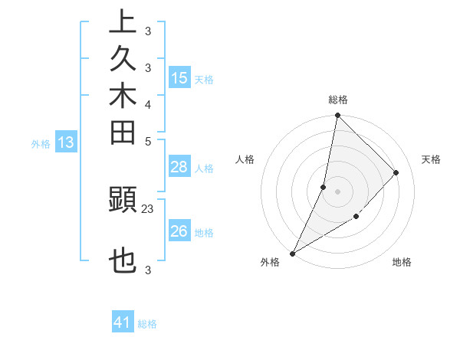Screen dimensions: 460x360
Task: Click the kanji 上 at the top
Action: click(123, 21)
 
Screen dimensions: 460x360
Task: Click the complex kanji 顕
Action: click(123, 200)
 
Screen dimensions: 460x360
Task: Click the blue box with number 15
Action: click(179, 78)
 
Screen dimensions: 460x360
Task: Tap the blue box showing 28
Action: click(179, 168)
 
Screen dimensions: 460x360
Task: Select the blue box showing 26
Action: click(179, 232)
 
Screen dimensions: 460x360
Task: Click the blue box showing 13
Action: click(67, 142)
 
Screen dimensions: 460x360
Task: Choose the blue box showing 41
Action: click(123, 323)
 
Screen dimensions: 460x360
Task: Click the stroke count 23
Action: click(148, 208)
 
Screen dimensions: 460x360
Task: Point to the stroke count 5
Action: click(148, 141)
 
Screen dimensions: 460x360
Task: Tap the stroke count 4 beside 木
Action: click(148, 104)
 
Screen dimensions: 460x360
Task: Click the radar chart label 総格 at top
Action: click(338, 100)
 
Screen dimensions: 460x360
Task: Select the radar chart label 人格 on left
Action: click(245, 159)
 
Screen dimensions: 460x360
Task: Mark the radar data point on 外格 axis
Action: click(293, 254)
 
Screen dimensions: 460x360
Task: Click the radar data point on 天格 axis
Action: click(396, 172)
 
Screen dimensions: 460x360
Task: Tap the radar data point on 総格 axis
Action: click(338, 115)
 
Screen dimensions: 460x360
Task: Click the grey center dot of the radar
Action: click(338, 191)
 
